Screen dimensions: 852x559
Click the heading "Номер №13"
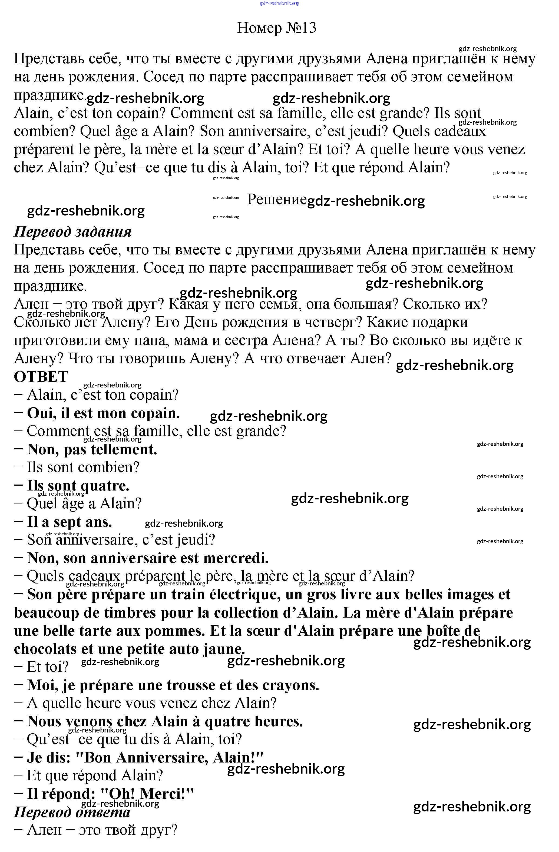[x=276, y=28]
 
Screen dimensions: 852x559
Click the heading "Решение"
[x=277, y=199]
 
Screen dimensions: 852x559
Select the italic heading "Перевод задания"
[x=73, y=232]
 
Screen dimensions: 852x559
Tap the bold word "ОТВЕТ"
[x=41, y=377]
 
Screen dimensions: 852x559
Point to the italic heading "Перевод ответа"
[x=72, y=812]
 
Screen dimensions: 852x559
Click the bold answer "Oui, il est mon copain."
[x=103, y=413]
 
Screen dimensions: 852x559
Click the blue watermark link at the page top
[x=279, y=3]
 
